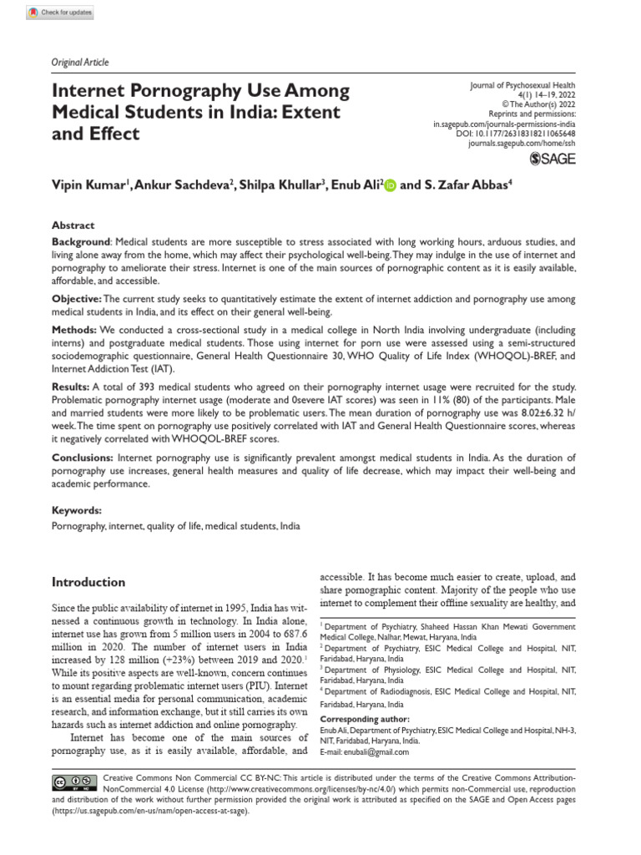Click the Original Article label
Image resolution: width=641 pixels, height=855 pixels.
tap(80, 63)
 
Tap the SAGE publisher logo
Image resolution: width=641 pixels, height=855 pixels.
tap(553, 159)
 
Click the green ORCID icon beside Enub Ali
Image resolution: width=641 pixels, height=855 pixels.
tap(391, 186)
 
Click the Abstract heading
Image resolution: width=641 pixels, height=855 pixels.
tap(73, 225)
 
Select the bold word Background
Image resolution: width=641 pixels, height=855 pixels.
tap(82, 240)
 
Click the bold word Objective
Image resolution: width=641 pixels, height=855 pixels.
tap(76, 299)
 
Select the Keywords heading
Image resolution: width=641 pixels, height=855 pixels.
tap(77, 510)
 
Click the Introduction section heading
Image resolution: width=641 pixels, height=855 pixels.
tap(88, 582)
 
